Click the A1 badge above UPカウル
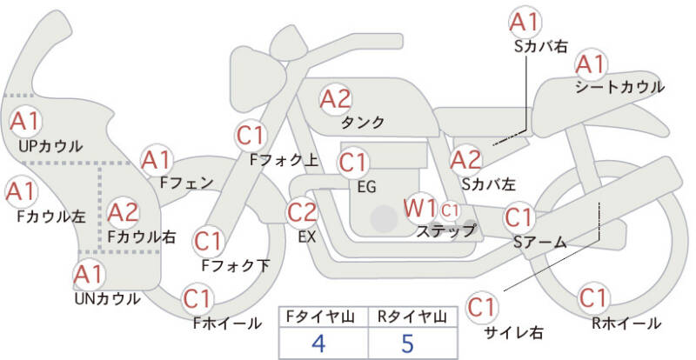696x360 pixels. click(x=24, y=121)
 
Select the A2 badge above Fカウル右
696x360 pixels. click(x=124, y=211)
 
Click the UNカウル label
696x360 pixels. click(x=107, y=298)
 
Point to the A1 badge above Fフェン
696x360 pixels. click(x=157, y=160)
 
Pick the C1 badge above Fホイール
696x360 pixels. click(x=198, y=299)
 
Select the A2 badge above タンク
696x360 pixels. click(x=335, y=99)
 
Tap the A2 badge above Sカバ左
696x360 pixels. click(x=466, y=159)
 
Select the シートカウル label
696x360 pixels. click(x=619, y=87)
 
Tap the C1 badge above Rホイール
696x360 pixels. click(x=593, y=297)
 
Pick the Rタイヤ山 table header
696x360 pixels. click(x=407, y=316)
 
